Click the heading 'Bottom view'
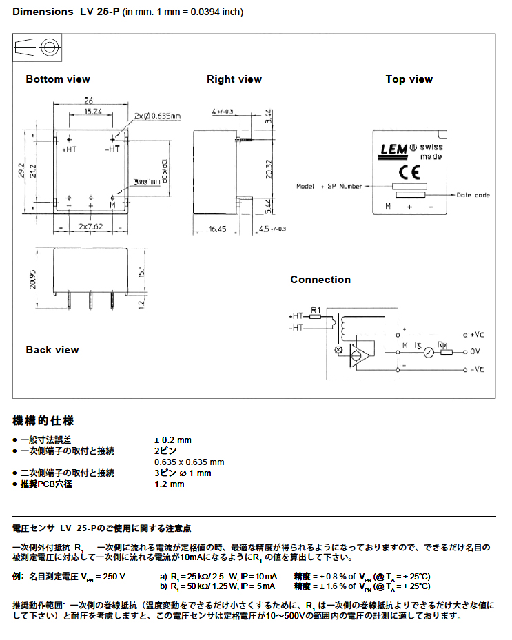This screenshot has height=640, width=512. (x=58, y=79)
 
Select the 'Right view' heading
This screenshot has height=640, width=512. (x=234, y=79)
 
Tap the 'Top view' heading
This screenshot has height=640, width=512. (x=409, y=79)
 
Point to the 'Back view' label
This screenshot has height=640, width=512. (x=52, y=350)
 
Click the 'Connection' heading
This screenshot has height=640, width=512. (x=320, y=280)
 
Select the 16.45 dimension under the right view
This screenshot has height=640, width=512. (x=217, y=229)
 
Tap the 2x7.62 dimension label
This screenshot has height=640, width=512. (x=90, y=227)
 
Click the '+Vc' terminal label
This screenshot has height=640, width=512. (x=478, y=334)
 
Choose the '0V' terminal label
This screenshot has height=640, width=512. (x=476, y=352)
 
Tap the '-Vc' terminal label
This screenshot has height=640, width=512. (x=477, y=369)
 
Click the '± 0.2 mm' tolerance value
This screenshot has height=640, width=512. (x=173, y=440)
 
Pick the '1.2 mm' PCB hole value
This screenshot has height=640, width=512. (x=170, y=484)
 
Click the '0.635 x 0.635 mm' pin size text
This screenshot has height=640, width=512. (x=190, y=462)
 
